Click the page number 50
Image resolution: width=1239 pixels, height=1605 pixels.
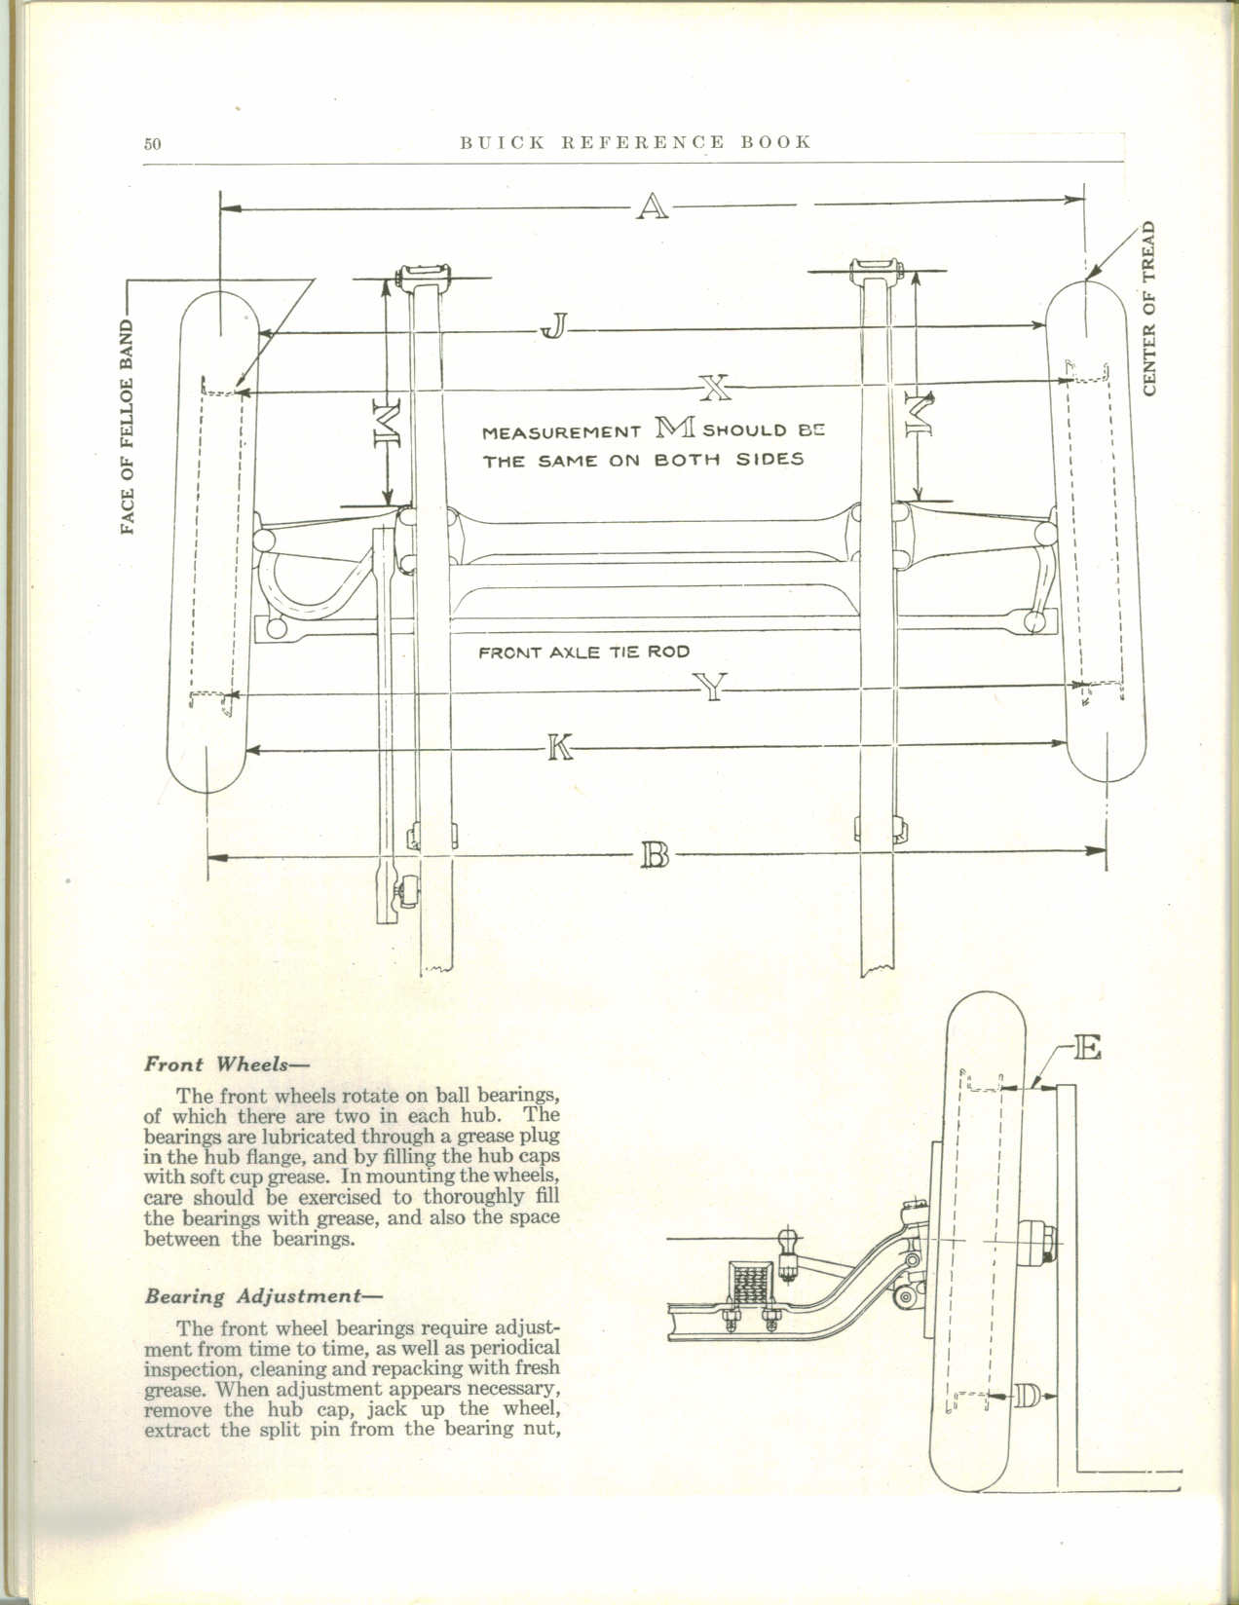coord(152,144)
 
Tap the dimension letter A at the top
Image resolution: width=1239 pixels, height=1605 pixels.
coord(652,206)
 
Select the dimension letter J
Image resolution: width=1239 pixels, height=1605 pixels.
coord(552,328)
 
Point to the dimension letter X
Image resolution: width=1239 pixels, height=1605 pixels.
coord(714,390)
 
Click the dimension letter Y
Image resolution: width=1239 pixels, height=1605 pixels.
coord(714,690)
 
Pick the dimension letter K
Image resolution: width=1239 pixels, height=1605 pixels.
coord(559,748)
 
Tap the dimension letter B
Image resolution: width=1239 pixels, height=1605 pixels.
coord(657,857)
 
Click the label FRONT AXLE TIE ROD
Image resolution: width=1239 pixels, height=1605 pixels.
coord(584,653)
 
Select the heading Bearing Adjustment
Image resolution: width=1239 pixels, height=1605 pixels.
coord(263,1297)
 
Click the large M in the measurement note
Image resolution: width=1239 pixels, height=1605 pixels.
coord(678,428)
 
